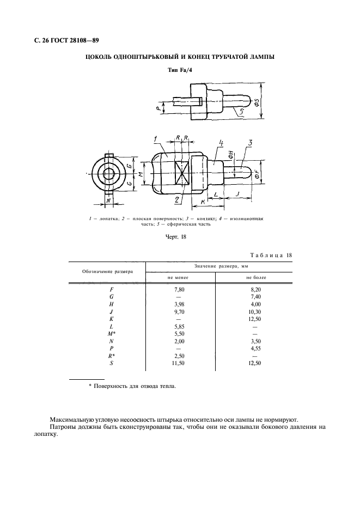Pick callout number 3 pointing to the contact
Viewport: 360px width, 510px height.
[250, 143]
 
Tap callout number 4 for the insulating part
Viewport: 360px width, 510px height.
[221, 143]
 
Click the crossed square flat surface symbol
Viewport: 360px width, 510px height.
[181, 174]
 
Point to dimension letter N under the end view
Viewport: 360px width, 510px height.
[108, 201]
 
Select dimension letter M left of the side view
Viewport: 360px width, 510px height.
[141, 174]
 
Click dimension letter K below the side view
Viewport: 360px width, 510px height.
[203, 202]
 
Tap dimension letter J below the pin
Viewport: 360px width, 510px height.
[238, 195]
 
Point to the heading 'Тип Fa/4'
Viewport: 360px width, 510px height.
[179, 70]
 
